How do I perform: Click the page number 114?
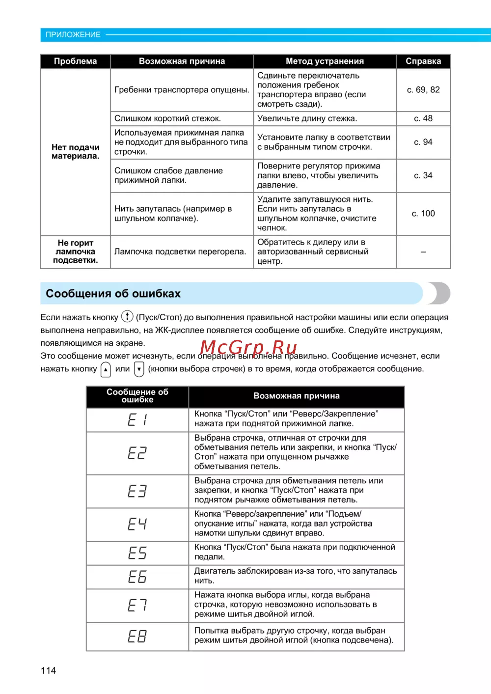[x=48, y=670]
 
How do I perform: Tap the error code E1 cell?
[x=137, y=419]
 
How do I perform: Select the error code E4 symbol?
[x=137, y=524]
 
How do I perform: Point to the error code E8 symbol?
[x=137, y=636]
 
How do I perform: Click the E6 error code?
[x=137, y=577]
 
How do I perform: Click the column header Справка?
[x=423, y=61]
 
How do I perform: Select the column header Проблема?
[x=75, y=61]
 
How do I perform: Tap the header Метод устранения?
[x=325, y=61]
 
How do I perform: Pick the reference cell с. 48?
[x=423, y=118]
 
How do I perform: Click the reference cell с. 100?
[x=423, y=214]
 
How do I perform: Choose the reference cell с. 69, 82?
[x=423, y=90]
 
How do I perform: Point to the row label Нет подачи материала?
[x=75, y=151]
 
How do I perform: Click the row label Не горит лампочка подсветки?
[x=75, y=251]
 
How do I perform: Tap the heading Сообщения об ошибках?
[x=113, y=294]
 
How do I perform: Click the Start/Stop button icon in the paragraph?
[x=127, y=317]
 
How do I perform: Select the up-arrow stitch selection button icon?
[x=106, y=369]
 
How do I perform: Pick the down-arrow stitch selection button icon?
[x=139, y=369]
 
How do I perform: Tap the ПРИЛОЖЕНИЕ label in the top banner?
[x=73, y=34]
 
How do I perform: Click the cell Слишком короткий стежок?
[x=167, y=118]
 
